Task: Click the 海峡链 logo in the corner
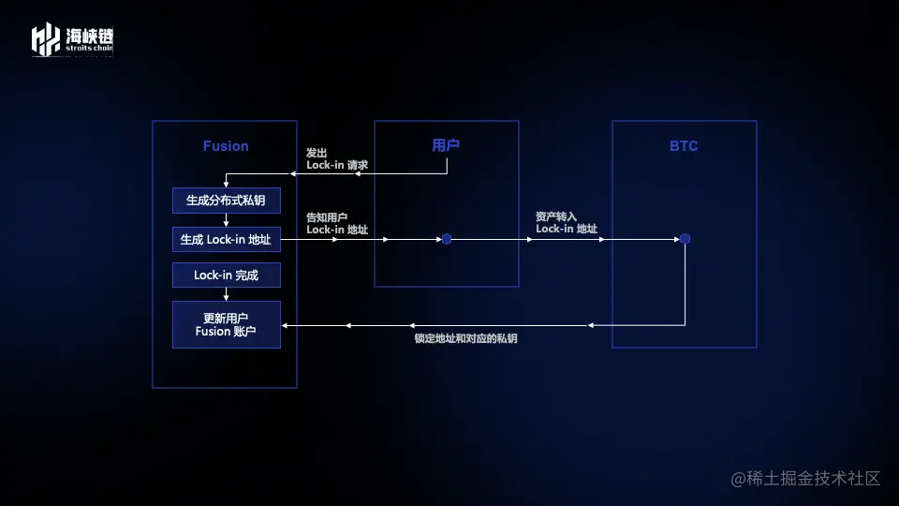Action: click(x=72, y=39)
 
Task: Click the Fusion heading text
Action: click(x=226, y=146)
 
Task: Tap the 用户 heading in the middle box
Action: click(x=446, y=145)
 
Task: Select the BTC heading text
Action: click(x=684, y=146)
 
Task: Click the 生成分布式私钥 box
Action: click(x=226, y=200)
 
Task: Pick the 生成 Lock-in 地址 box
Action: click(x=226, y=240)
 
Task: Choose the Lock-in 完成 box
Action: click(x=226, y=275)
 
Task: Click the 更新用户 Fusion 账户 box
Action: click(x=226, y=324)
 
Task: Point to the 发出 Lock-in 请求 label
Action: click(x=337, y=158)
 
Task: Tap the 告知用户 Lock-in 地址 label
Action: click(x=337, y=223)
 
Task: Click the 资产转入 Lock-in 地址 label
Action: click(x=567, y=223)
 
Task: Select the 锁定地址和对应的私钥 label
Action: click(x=465, y=338)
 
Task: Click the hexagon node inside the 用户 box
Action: click(x=447, y=239)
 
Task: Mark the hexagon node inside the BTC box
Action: click(x=685, y=239)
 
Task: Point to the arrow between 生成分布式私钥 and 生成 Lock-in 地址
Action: click(x=226, y=219)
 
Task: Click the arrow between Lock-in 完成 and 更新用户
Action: click(x=226, y=294)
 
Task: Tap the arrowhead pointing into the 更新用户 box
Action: click(x=286, y=325)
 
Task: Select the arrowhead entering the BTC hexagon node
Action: click(x=675, y=239)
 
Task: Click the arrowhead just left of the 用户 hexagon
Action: click(x=437, y=239)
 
